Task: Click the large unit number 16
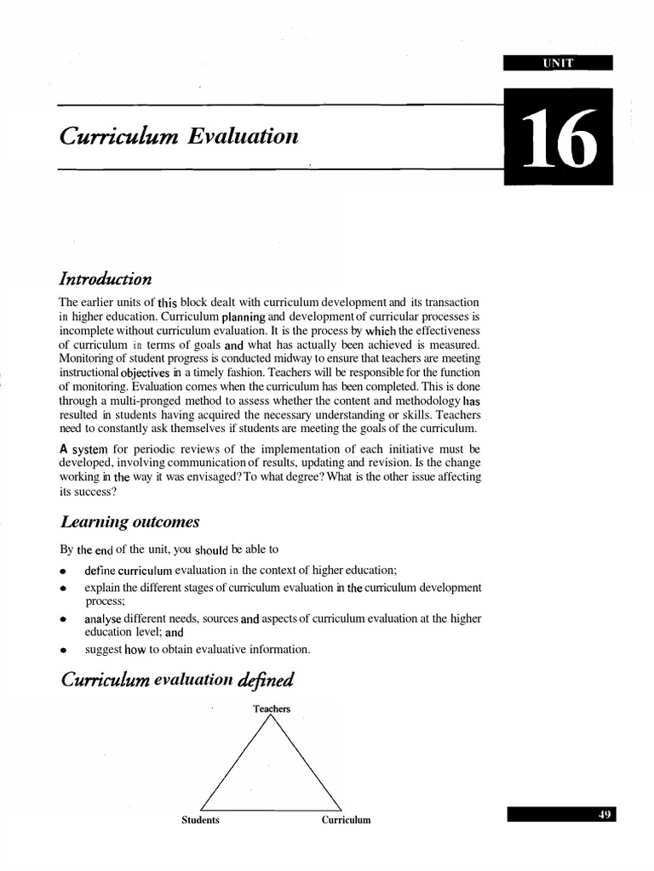pos(558,138)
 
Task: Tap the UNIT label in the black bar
pos(558,61)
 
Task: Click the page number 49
pos(605,814)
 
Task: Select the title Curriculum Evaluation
pos(179,135)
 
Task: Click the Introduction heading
pos(106,279)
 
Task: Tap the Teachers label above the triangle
pos(272,709)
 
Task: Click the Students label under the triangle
pos(200,820)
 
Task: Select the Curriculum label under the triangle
pos(346,820)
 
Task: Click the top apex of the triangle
pos(272,717)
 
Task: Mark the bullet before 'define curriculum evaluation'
pos(63,571)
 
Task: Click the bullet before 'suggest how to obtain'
pos(63,651)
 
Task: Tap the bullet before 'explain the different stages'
pos(63,589)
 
